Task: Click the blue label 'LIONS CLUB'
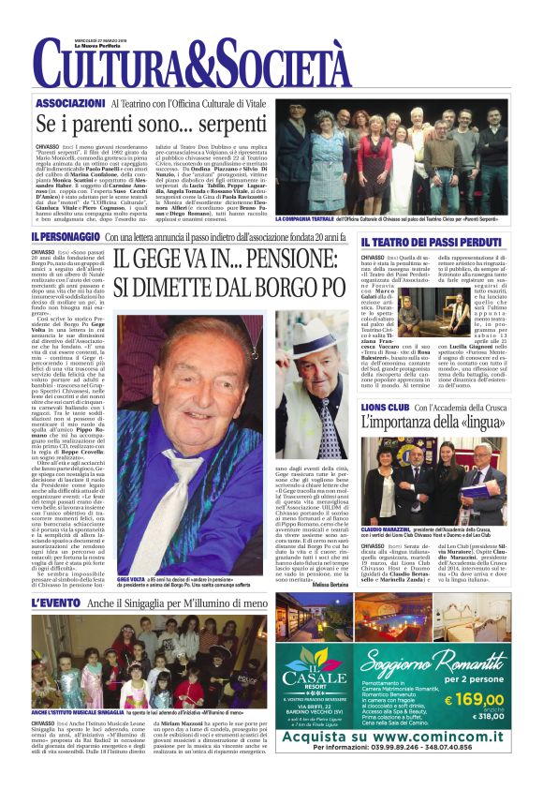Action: (386, 381)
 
